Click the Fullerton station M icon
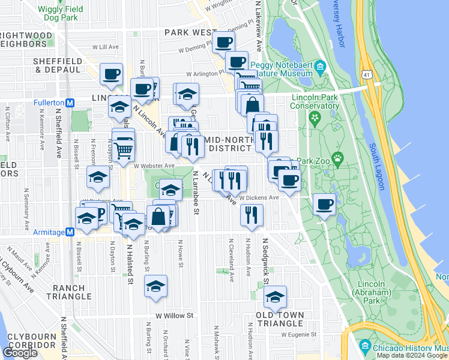pos(70,103)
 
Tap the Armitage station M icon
pos(70,232)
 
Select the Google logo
pos(20,353)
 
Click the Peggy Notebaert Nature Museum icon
pos(320,66)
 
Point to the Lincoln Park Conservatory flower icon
pos(313,118)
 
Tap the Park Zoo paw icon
pos(338,160)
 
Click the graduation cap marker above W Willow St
pos(156,286)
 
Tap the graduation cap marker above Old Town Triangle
pos(275,296)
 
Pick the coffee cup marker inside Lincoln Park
pos(324,204)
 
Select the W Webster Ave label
pos(154,166)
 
